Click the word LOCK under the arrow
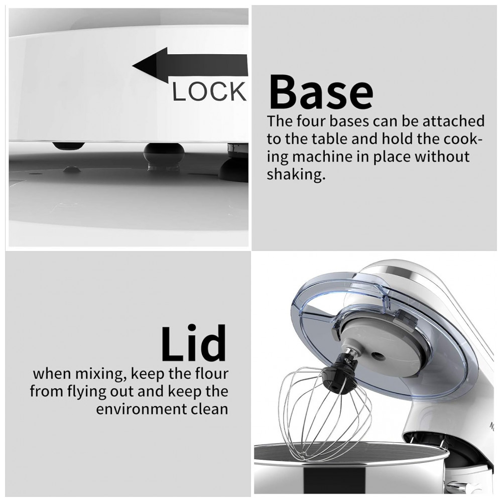(x=209, y=92)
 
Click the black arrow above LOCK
(x=190, y=65)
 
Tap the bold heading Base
(x=321, y=92)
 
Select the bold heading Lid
(x=194, y=343)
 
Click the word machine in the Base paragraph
(x=330, y=157)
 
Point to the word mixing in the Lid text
(x=99, y=374)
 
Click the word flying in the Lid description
(x=87, y=392)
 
